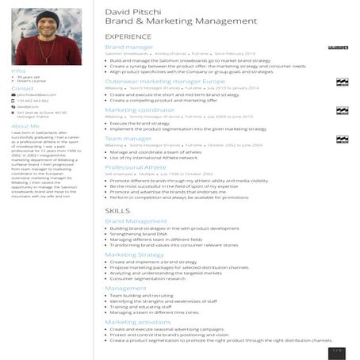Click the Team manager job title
[122, 139]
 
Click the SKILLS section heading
[117, 209]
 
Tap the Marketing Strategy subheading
[134, 255]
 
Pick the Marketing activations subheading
[138, 322]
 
